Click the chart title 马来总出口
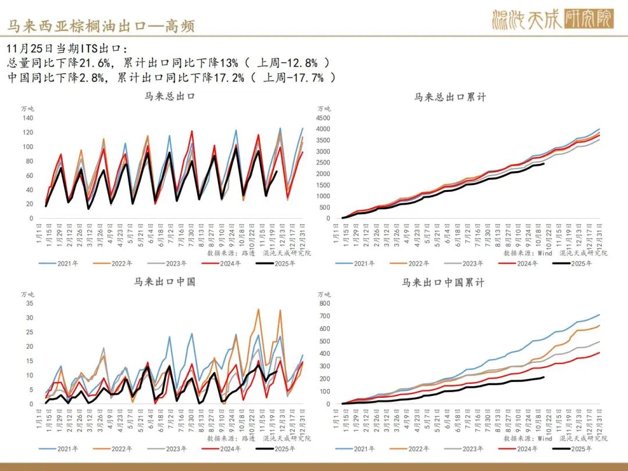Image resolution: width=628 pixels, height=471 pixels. tap(169, 97)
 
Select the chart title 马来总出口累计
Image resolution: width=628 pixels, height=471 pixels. tap(450, 97)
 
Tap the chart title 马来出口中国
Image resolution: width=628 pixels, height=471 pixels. tap(165, 282)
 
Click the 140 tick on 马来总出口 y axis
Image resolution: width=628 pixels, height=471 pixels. tap(28, 117)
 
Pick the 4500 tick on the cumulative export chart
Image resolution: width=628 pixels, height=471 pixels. tap(323, 117)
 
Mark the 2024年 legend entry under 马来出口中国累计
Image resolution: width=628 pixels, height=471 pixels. tap(524, 449)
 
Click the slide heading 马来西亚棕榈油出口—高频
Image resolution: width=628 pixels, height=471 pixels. tap(100, 26)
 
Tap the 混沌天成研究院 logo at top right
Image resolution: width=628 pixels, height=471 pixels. tap(552, 20)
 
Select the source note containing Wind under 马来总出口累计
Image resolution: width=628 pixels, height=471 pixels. tap(555, 253)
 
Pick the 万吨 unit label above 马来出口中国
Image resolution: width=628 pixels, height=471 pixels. tap(28, 294)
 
